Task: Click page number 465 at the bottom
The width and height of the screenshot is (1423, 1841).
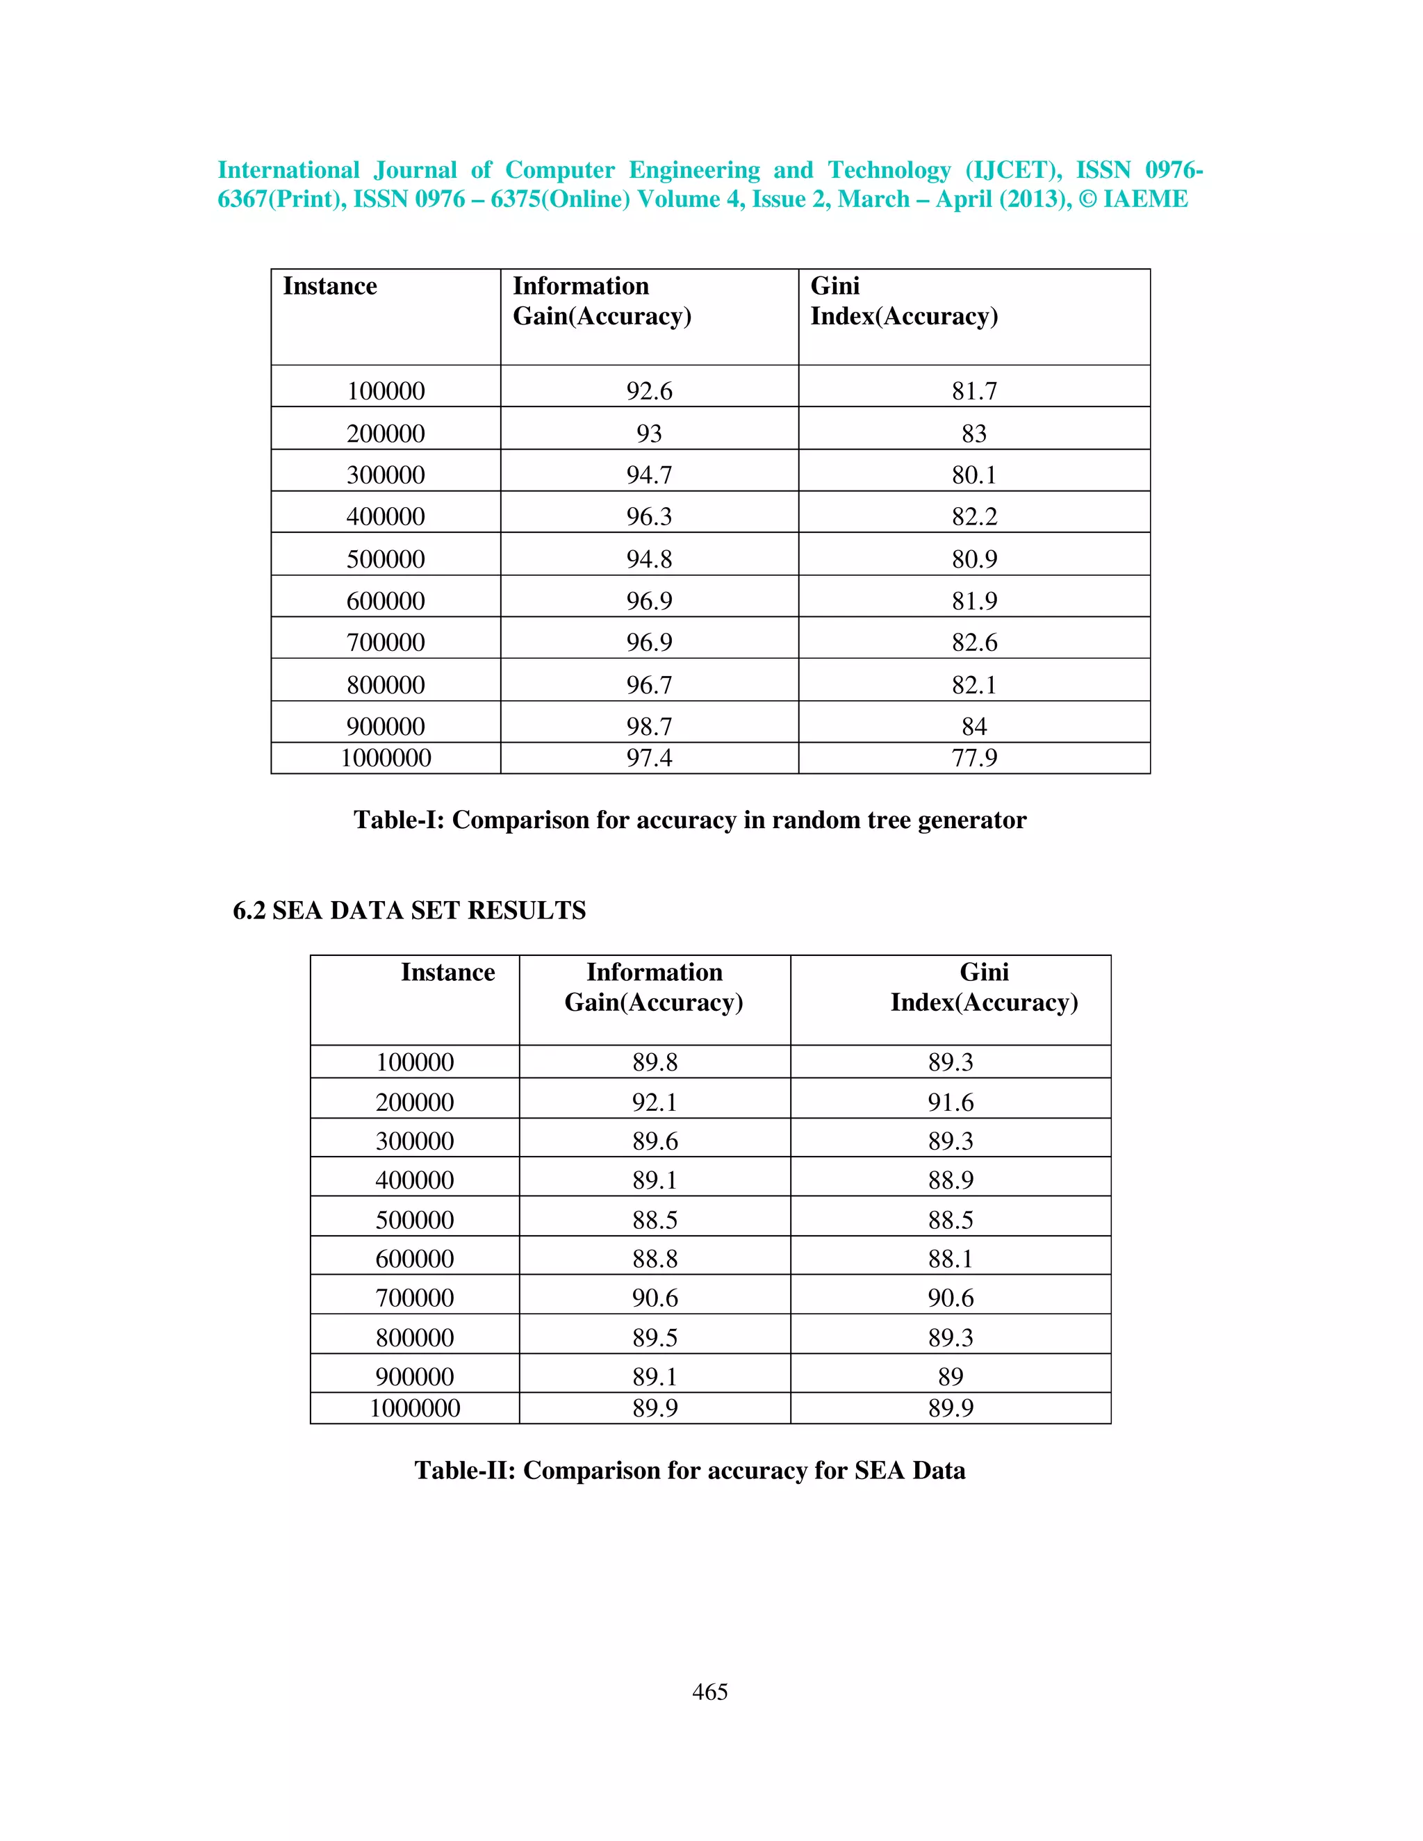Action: pyautogui.click(x=710, y=1691)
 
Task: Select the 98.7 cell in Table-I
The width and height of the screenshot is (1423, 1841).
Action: pyautogui.click(x=649, y=726)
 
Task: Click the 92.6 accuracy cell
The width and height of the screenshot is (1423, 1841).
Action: pyautogui.click(x=649, y=390)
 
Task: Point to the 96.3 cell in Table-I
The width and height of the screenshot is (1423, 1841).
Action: pyautogui.click(x=649, y=516)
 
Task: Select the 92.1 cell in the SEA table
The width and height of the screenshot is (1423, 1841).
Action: pyautogui.click(x=655, y=1102)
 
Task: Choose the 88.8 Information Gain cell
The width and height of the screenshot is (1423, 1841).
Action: pyautogui.click(x=655, y=1259)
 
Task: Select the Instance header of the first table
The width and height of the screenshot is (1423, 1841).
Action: pyautogui.click(x=329, y=287)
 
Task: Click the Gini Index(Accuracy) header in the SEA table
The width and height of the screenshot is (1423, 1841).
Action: pyautogui.click(x=984, y=987)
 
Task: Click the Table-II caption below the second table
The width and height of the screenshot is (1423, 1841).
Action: pyautogui.click(x=689, y=1470)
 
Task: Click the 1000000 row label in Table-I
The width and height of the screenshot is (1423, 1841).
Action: pyautogui.click(x=386, y=758)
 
